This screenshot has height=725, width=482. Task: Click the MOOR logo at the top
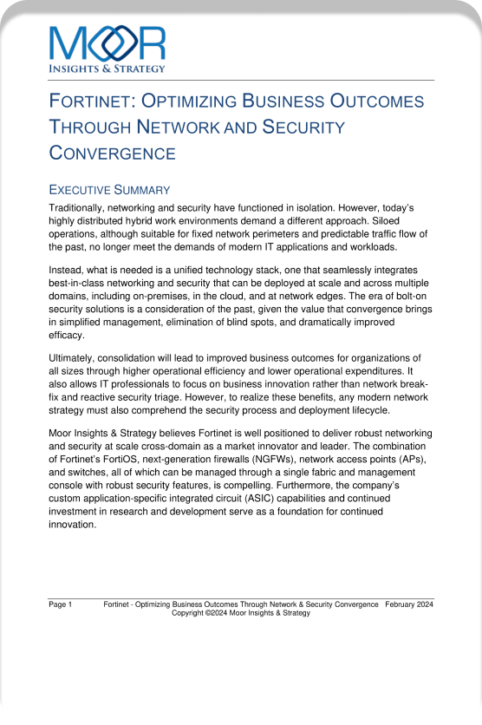[107, 42]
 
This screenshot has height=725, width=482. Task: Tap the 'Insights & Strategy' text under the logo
[107, 68]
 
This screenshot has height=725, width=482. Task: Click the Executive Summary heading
[109, 190]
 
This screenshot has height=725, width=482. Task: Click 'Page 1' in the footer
[61, 604]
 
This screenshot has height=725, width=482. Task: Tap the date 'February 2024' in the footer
[409, 604]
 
